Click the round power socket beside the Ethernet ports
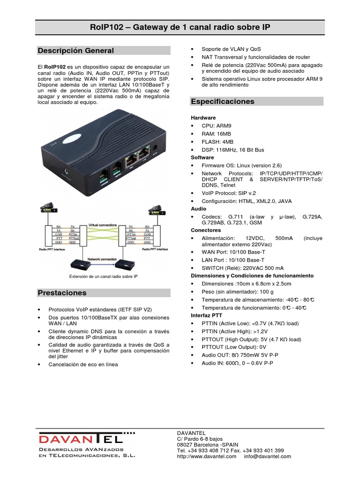(x=155, y=150)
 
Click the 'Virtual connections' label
(x=103, y=225)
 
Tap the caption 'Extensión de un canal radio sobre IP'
(x=103, y=277)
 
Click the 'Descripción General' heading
(x=76, y=51)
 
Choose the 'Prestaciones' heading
(x=62, y=293)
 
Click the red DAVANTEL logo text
(x=80, y=440)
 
